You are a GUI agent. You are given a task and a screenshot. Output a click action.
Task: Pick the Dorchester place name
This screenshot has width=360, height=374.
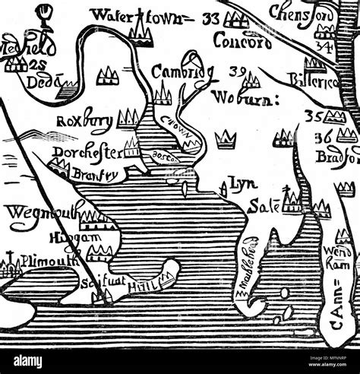click(x=86, y=154)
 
